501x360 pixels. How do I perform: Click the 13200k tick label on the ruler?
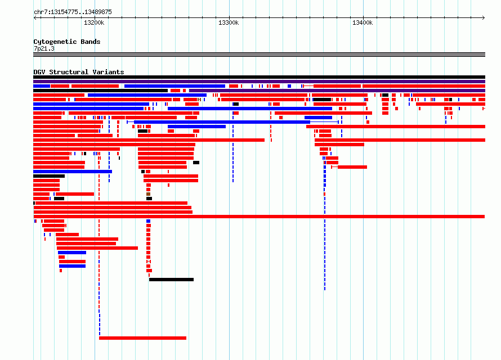pyautogui.click(x=94, y=22)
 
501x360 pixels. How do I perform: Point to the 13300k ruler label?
pyautogui.click(x=229, y=22)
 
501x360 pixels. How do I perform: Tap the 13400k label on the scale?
pyautogui.click(x=363, y=22)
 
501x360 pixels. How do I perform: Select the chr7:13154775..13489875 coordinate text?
pyautogui.click(x=73, y=12)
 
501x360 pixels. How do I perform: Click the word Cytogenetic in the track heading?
pyautogui.click(x=55, y=42)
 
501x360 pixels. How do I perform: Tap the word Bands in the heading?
pyautogui.click(x=91, y=42)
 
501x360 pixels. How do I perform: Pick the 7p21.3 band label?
pyautogui.click(x=44, y=48)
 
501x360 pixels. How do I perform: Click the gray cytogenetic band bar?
pyautogui.click(x=259, y=55)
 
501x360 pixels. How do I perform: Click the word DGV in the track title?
pyautogui.click(x=39, y=72)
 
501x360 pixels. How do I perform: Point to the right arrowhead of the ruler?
pyautogui.click(x=484, y=18)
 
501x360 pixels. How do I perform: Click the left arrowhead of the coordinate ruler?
pyautogui.click(x=35, y=18)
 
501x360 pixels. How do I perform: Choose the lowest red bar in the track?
pyautogui.click(x=142, y=338)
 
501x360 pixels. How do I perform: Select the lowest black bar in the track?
pyautogui.click(x=171, y=280)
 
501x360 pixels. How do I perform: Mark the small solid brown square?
pyautogui.click(x=148, y=194)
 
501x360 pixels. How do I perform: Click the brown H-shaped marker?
pyautogui.click(x=199, y=100)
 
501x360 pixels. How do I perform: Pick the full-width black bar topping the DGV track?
pyautogui.click(x=259, y=77)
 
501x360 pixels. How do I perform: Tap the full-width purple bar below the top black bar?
pyautogui.click(x=259, y=82)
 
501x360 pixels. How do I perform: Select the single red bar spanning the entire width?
pyautogui.click(x=259, y=217)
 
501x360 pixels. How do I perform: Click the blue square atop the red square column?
pyautogui.click(x=148, y=221)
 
